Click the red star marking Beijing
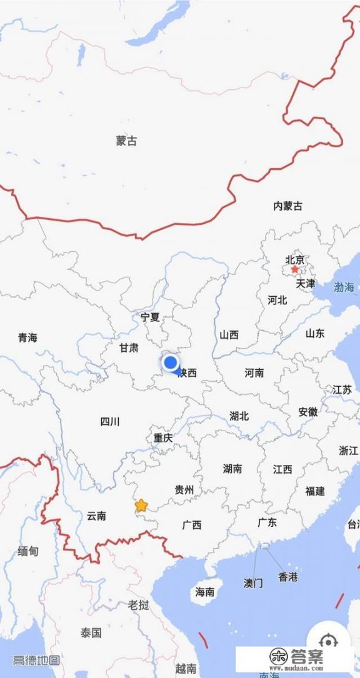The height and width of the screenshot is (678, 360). [x=294, y=269]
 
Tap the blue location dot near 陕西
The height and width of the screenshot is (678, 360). [x=170, y=362]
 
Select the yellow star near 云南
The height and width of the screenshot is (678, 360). [x=141, y=505]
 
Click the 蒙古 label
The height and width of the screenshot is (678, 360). [x=126, y=141]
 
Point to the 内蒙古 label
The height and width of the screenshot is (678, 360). [x=287, y=206]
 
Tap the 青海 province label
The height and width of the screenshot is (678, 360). [x=27, y=338]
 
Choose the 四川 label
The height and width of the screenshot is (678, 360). [x=110, y=422]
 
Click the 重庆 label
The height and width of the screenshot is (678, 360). [x=163, y=438]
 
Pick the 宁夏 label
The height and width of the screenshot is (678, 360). [x=150, y=317]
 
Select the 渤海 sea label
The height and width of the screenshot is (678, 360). [x=344, y=288]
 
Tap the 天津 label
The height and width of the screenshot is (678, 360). [x=306, y=284]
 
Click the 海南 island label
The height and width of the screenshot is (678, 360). [x=205, y=592]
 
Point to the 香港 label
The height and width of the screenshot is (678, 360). [x=288, y=577]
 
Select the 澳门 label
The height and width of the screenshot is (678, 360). [x=253, y=583]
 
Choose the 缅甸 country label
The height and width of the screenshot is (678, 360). [x=28, y=551]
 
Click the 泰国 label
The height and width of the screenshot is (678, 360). [x=91, y=633]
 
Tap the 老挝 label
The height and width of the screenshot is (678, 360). [x=138, y=605]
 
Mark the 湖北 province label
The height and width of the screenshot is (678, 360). [x=239, y=416]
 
